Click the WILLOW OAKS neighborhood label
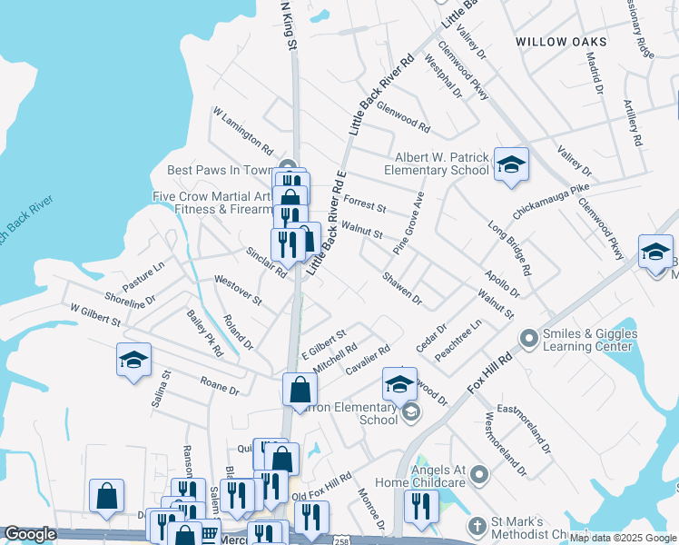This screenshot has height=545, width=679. [561, 42]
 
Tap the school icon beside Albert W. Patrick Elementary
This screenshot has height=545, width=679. [511, 164]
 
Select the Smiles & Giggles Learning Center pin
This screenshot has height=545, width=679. [529, 340]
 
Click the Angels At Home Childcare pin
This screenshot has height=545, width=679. [481, 474]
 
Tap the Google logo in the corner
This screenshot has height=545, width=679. [30, 534]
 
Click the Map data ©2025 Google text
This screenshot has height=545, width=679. [623, 538]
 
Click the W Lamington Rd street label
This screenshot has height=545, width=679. [243, 129]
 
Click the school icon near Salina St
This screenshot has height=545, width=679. [133, 360]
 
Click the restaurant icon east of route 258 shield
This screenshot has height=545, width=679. [420, 504]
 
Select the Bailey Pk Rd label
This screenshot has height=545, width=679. [204, 332]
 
